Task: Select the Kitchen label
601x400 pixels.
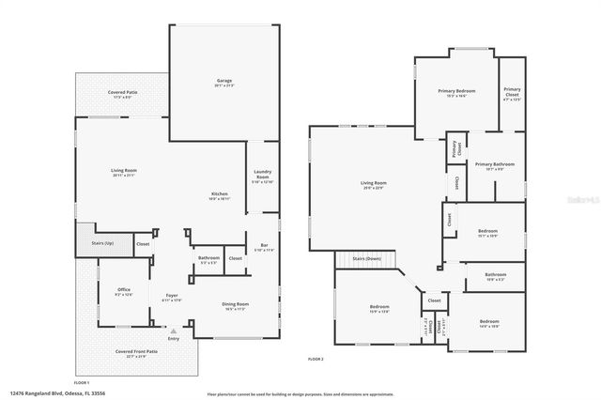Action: (219, 195)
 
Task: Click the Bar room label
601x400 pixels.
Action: (251, 246)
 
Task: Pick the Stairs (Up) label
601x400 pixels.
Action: (102, 242)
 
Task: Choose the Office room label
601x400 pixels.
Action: (123, 290)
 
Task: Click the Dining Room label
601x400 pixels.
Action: (235, 304)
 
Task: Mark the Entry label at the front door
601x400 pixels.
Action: (173, 339)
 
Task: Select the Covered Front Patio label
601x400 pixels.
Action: (136, 353)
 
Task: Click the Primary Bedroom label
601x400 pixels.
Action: (456, 92)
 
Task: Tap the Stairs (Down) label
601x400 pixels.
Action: (366, 257)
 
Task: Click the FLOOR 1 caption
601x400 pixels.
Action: (82, 382)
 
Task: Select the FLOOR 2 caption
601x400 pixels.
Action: (316, 359)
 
